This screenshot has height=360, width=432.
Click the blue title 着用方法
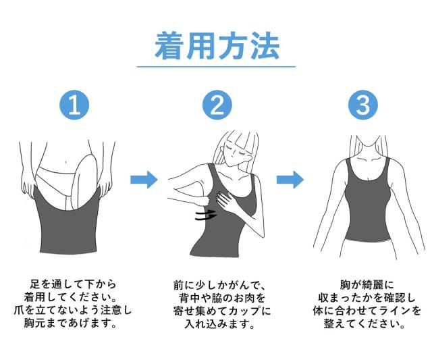point(217,45)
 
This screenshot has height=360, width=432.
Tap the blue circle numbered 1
point(74,105)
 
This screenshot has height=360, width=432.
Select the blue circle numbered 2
point(217,105)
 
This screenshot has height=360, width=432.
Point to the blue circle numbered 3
point(362,105)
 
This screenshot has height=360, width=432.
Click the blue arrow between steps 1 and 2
point(144,180)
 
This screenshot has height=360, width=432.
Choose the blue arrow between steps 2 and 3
point(290,180)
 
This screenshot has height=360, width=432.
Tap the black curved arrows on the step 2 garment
point(206,215)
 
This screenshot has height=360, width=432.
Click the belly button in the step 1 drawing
point(65,161)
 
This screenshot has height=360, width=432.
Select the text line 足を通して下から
point(73,284)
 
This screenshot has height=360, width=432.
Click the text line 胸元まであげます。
point(70,323)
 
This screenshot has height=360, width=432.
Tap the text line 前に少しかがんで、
point(219,285)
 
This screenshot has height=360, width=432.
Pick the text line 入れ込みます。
point(219,324)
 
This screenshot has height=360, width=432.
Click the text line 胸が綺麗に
point(367,285)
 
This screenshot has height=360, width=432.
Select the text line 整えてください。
point(364,324)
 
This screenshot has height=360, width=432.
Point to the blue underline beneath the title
point(216,67)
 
